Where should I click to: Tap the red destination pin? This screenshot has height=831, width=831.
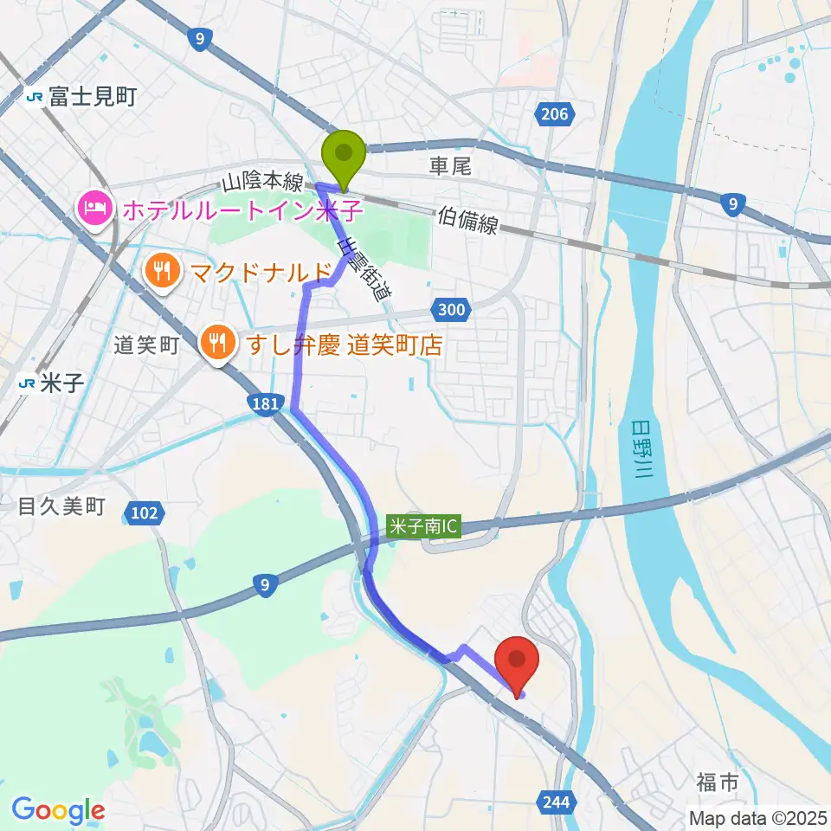(x=517, y=663)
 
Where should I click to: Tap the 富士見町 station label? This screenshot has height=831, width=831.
(x=92, y=96)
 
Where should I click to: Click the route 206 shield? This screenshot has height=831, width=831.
(x=555, y=113)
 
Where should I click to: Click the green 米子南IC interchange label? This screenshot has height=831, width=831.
(x=423, y=525)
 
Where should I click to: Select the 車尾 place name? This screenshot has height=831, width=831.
(x=450, y=166)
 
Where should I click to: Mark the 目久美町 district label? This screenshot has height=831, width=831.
(x=61, y=506)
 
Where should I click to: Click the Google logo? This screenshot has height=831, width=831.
(x=58, y=810)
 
